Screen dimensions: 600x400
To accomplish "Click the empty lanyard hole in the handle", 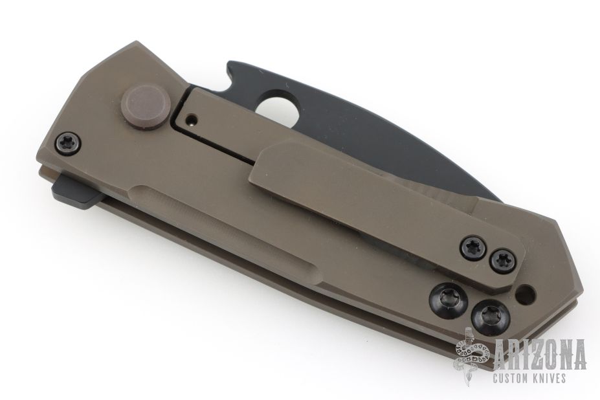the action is click(x=526, y=294).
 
